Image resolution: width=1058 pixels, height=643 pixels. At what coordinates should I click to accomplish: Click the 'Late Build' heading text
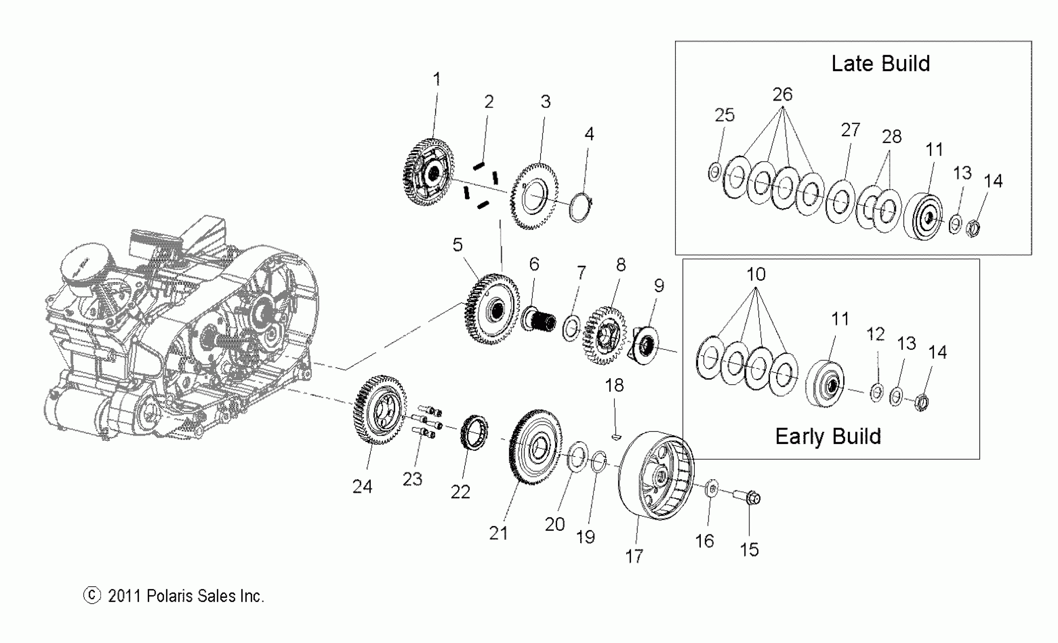pyautogui.click(x=880, y=64)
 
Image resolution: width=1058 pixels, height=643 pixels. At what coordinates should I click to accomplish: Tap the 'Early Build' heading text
pyautogui.click(x=828, y=436)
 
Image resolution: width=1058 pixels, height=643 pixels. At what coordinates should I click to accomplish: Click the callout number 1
pyautogui.click(x=437, y=79)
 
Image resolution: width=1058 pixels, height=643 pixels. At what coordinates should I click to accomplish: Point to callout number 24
pyautogui.click(x=362, y=487)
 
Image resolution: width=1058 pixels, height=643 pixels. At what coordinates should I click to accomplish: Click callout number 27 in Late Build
pyautogui.click(x=850, y=130)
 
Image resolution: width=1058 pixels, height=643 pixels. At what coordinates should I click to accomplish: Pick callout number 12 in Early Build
pyautogui.click(x=875, y=334)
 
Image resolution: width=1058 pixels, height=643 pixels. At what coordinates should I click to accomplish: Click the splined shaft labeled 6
pyautogui.click(x=538, y=320)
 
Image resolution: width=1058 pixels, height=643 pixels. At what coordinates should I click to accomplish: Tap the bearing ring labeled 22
pyautogui.click(x=474, y=433)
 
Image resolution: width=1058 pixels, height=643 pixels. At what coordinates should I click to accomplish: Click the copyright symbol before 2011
pyautogui.click(x=91, y=596)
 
